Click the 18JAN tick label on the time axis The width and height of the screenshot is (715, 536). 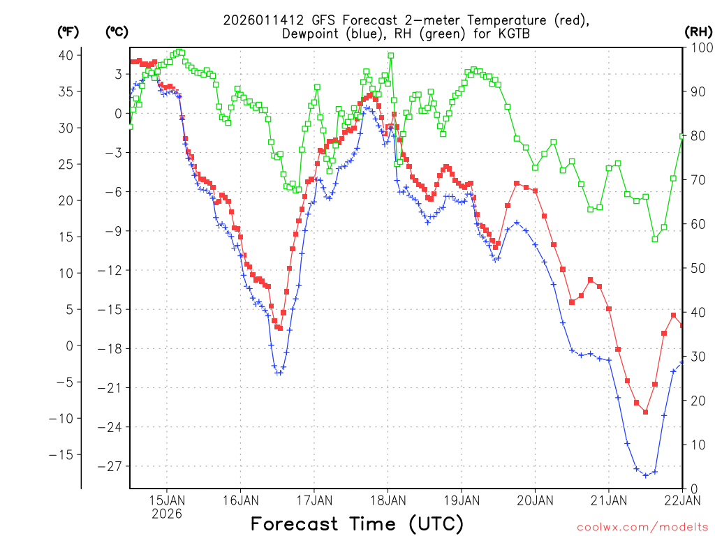coord(388,500)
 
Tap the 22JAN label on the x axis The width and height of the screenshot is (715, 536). coord(682,500)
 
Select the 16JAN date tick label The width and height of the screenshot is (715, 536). coord(240,500)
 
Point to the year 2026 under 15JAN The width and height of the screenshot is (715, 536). coord(166,514)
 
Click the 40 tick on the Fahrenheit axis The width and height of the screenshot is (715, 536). coord(69,55)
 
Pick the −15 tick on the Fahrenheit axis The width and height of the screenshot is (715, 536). coord(66,454)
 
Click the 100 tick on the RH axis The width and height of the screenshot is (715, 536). coord(698,47)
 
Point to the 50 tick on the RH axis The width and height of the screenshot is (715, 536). coord(695,268)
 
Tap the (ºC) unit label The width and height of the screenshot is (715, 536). coord(117,31)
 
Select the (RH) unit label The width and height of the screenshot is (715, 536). coord(698,31)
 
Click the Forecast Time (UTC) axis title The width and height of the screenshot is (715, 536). coord(357,523)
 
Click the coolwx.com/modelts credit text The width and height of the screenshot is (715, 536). coord(642,527)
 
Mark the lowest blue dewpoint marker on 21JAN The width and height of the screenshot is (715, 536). coord(646,475)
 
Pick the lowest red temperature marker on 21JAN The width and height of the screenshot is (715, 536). coord(646,412)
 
